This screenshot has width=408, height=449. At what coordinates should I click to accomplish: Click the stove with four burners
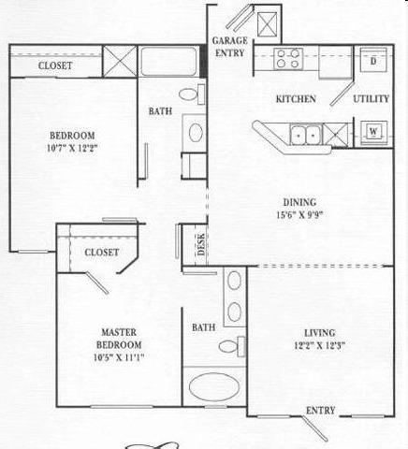(288, 59)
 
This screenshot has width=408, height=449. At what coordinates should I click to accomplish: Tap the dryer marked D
(373, 60)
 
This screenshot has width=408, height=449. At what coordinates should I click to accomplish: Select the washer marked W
(373, 133)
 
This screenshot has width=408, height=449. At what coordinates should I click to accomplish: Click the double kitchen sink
(306, 135)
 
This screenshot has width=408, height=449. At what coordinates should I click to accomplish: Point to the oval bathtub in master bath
(214, 386)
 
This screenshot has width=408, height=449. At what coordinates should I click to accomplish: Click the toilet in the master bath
(232, 346)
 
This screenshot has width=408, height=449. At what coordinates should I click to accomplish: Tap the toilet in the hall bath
(192, 94)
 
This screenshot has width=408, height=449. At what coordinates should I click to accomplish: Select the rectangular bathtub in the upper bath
(168, 62)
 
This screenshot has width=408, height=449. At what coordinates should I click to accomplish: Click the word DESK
(201, 244)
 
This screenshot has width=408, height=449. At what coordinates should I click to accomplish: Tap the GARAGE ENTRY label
(230, 47)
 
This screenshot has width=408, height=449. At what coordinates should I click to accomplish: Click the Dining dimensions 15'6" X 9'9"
(299, 215)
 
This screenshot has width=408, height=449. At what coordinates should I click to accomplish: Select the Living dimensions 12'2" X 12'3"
(320, 345)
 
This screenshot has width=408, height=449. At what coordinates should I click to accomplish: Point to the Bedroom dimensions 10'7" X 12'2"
(72, 148)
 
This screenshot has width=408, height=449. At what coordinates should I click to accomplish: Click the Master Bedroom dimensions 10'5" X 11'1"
(119, 357)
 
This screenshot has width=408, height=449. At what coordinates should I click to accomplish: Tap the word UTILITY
(372, 99)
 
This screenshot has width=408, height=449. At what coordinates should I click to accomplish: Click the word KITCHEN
(296, 99)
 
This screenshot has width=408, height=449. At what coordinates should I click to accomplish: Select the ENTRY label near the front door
(320, 411)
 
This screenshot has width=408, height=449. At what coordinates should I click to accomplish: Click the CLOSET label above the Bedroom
(55, 65)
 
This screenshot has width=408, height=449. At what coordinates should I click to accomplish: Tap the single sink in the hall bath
(196, 133)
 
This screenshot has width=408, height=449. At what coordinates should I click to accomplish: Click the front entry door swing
(315, 428)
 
